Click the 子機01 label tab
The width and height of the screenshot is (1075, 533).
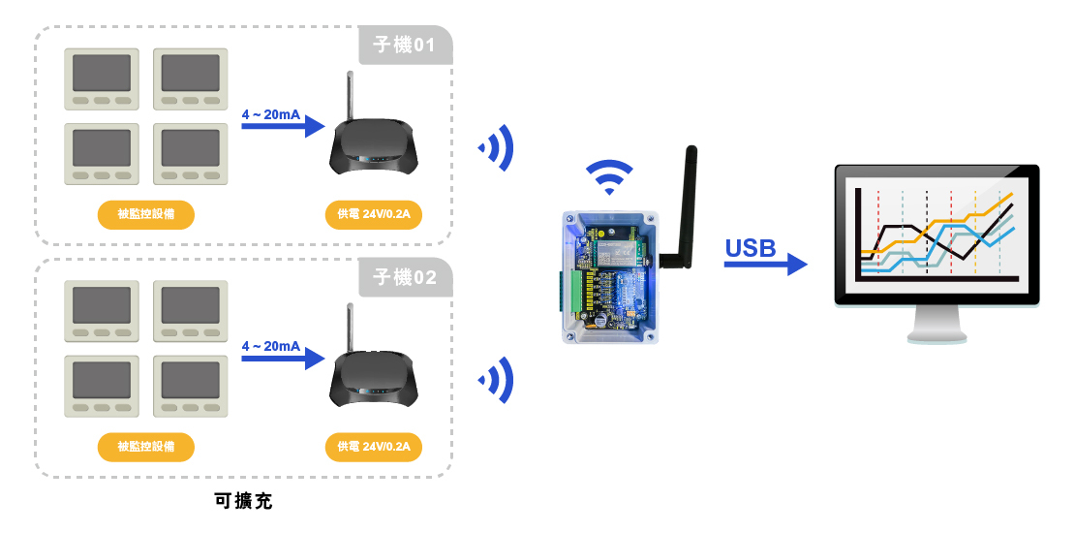405,46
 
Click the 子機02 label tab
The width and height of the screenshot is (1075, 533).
405,278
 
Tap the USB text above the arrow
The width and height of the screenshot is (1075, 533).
751,249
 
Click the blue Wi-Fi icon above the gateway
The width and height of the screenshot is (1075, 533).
608,177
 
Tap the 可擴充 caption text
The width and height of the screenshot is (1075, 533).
244,502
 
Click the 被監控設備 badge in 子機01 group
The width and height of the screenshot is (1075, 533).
146,214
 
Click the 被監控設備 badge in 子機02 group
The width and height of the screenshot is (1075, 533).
146,447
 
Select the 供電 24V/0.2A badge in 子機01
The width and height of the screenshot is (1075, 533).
374,214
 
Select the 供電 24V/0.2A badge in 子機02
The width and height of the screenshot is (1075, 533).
374,447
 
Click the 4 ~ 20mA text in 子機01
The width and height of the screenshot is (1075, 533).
270,114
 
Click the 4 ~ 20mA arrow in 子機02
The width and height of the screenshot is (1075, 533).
281,359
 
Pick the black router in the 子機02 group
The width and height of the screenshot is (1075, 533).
374,381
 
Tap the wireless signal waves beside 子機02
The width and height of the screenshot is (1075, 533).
497,380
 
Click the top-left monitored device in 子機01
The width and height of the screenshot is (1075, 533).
102,78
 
